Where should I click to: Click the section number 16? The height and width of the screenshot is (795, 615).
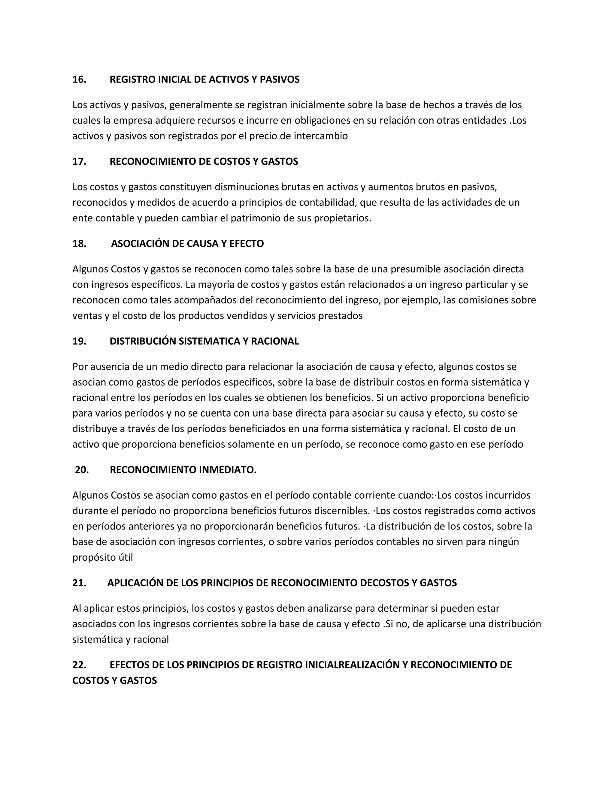(x=79, y=79)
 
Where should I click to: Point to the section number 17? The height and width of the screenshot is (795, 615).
(x=79, y=162)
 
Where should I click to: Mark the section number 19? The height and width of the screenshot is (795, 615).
(x=79, y=341)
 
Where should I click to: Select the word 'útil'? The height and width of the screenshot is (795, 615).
(x=125, y=558)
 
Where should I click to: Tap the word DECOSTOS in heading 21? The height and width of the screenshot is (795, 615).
(x=385, y=583)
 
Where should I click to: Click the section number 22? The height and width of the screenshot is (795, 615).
(x=79, y=665)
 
